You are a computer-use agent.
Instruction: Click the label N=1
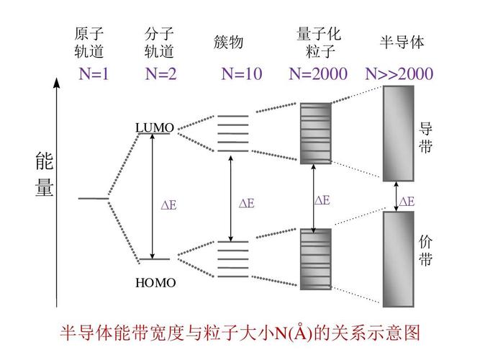pyautogui.click(x=94, y=73)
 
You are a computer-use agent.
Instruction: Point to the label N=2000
pyautogui.click(x=318, y=73)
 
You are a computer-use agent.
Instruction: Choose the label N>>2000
pyautogui.click(x=399, y=73)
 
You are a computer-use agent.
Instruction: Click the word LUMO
pyautogui.click(x=154, y=128)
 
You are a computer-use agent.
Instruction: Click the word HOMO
pyautogui.click(x=155, y=283)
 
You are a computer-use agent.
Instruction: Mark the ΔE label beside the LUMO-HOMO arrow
pyautogui.click(x=168, y=205)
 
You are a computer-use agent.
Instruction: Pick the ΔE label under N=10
pyautogui.click(x=246, y=204)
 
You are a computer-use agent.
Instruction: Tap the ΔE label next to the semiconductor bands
pyautogui.click(x=407, y=202)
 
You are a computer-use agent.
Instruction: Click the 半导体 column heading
pyautogui.click(x=402, y=42)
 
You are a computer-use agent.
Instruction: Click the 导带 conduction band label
pyautogui.click(x=426, y=138)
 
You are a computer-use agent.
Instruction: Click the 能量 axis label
pyautogui.click(x=44, y=175)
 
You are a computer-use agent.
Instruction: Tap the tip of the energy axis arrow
pyautogui.click(x=56, y=79)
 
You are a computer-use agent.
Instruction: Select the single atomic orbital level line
pyautogui.click(x=92, y=197)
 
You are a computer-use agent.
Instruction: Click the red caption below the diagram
pyautogui.click(x=239, y=333)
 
